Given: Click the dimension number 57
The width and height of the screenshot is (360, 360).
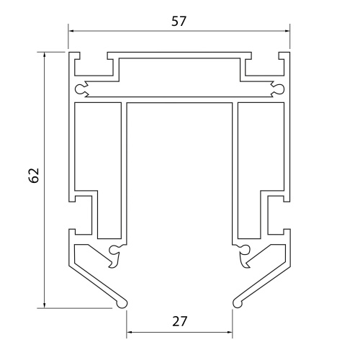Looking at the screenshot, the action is tap(179, 21).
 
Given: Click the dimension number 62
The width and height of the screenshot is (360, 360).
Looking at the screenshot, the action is tap(34, 176).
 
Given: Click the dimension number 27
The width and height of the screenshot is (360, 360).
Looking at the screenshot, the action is tap(179, 321).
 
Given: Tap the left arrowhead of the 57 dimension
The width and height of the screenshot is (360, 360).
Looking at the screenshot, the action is tap(71, 31).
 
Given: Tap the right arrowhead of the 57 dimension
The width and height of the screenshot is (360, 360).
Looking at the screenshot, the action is tap(287, 31).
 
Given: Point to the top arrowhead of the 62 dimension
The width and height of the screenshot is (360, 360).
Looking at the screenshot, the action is tap(44, 55).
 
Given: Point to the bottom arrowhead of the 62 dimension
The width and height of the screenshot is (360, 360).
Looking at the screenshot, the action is tap(44, 305).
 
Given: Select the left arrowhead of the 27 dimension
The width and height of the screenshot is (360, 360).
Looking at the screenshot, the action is tap(130, 332).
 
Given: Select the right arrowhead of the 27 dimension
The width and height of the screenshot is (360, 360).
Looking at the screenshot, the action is tap(230, 332).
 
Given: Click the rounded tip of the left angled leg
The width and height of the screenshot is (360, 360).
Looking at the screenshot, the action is tap(122, 304).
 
